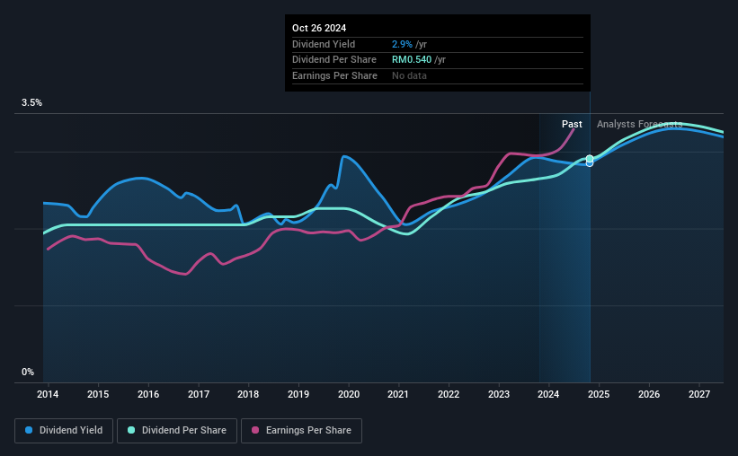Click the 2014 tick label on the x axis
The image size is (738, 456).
48,395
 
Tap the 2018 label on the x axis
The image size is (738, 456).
248,395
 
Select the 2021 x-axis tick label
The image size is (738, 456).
398,395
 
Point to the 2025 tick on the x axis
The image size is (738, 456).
599,395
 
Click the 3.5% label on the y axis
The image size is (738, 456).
31,103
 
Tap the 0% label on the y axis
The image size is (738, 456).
28,372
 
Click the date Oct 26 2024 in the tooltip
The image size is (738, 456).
319,28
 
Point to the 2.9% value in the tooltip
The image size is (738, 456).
402,44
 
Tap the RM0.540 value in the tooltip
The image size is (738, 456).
412,59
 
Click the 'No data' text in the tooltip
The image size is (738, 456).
409,75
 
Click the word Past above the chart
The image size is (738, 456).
572,124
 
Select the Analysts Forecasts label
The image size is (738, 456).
639,124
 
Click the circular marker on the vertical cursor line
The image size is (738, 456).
590,160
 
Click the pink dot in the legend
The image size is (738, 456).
256,431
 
